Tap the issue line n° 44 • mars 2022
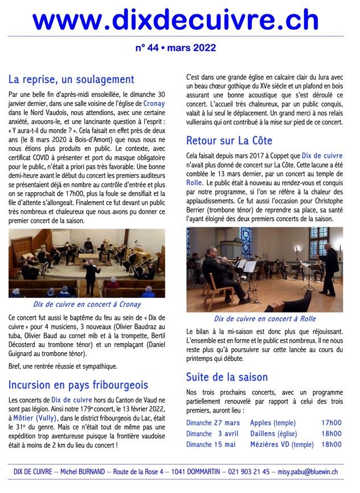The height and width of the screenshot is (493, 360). [175, 48]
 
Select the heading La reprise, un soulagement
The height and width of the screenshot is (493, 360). [71, 79]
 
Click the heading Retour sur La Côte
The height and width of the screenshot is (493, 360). [229, 140]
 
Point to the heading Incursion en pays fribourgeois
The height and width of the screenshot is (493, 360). [78, 385]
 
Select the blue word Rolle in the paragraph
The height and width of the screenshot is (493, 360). [195, 184]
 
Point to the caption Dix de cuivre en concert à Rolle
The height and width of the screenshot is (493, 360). [264, 319]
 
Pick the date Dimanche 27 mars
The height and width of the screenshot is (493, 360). [213, 423]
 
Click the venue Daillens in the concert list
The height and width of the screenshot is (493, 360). [269, 434]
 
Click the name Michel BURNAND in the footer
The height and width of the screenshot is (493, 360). [83, 471]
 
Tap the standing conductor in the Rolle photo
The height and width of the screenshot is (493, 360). [328, 268]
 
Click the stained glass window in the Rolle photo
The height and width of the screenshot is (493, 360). [246, 241]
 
